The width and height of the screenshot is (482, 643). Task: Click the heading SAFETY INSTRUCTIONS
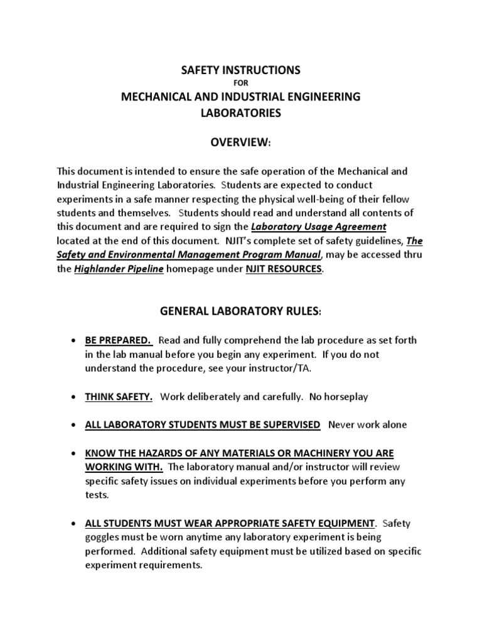241,70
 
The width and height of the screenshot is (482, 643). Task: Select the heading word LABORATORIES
241,114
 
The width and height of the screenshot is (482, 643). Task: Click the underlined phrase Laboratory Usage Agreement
319,226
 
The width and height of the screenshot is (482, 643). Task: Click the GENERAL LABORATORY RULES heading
241,311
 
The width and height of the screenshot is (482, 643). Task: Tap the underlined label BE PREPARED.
119,340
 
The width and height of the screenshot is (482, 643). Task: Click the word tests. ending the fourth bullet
97,495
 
